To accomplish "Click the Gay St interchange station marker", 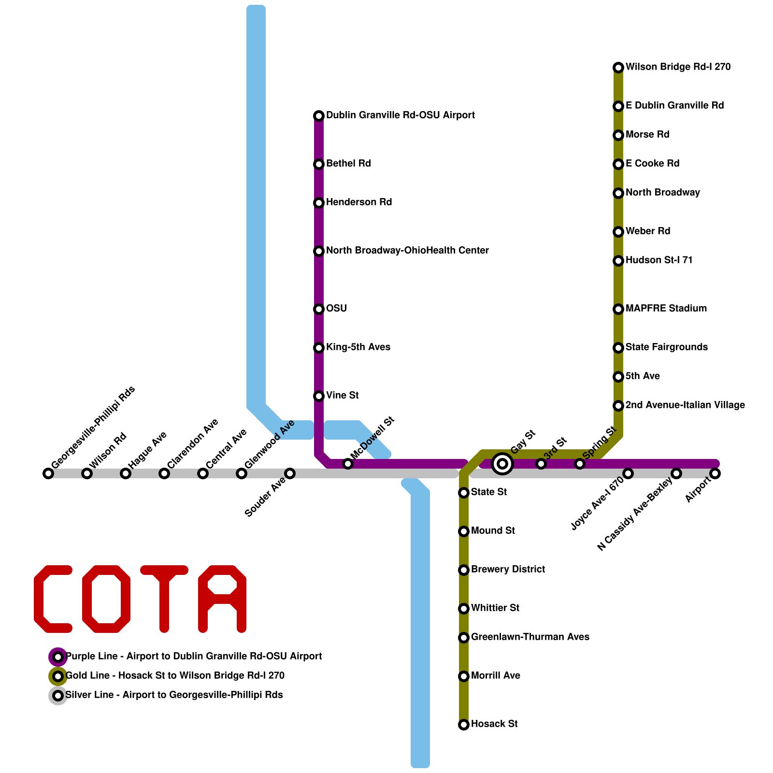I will (x=502, y=464).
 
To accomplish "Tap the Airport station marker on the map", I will (x=715, y=473).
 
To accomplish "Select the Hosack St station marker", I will (x=464, y=725).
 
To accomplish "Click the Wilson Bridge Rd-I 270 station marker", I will (x=618, y=68).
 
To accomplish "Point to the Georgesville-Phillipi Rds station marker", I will (x=48, y=473).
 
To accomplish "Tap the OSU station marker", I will (x=319, y=309).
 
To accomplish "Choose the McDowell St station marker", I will (x=348, y=464).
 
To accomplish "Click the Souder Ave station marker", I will (x=290, y=473).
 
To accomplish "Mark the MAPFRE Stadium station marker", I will (x=618, y=309).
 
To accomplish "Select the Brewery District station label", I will (x=508, y=570).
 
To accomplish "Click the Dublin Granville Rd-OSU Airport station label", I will (x=400, y=115).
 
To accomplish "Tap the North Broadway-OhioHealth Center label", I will (x=407, y=251).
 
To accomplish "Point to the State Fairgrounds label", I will (x=666, y=347).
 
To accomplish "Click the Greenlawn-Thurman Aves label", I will (x=530, y=637).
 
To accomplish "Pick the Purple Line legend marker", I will (x=58, y=657).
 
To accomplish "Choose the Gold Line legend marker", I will (x=58, y=676).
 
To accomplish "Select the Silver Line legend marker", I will (x=58, y=696).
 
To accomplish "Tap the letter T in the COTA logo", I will (x=164, y=599).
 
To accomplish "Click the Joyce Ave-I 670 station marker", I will (x=628, y=473).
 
